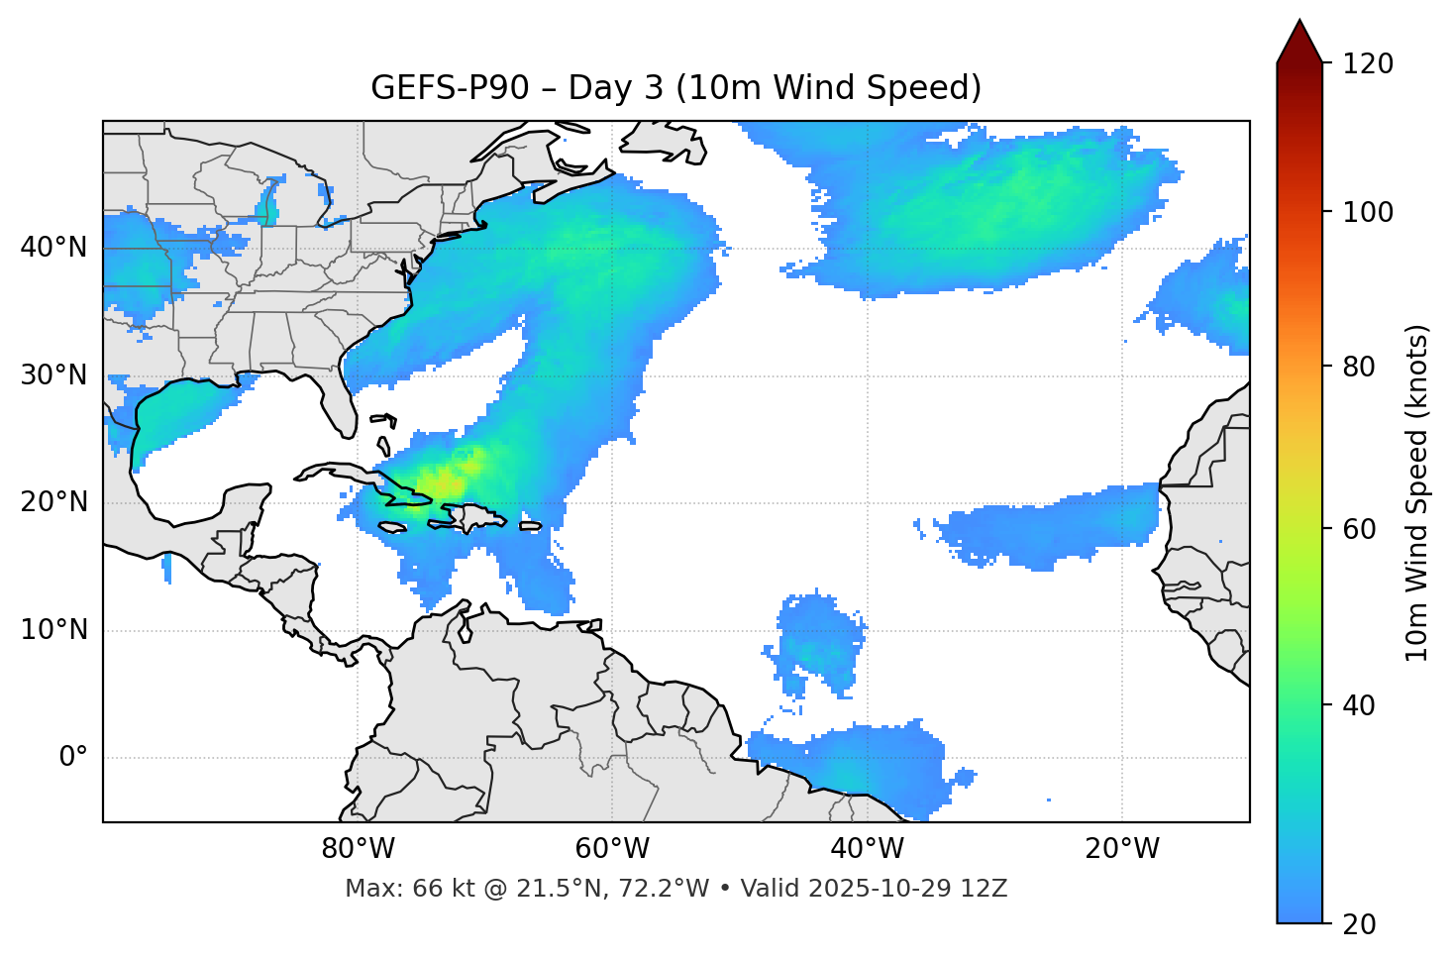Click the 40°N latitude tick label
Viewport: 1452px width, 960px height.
point(53,248)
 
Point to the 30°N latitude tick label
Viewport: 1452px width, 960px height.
point(53,375)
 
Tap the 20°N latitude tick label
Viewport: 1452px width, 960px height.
point(53,503)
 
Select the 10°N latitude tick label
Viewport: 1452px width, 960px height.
point(53,630)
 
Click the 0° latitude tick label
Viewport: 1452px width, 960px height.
point(73,758)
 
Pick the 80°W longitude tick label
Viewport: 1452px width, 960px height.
point(358,849)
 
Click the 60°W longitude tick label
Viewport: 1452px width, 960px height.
point(612,849)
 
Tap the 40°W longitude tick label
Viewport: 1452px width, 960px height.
point(867,849)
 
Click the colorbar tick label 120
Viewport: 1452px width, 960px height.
point(1368,64)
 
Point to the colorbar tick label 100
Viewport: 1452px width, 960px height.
point(1368,212)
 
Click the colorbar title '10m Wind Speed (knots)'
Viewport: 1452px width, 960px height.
point(1417,493)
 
